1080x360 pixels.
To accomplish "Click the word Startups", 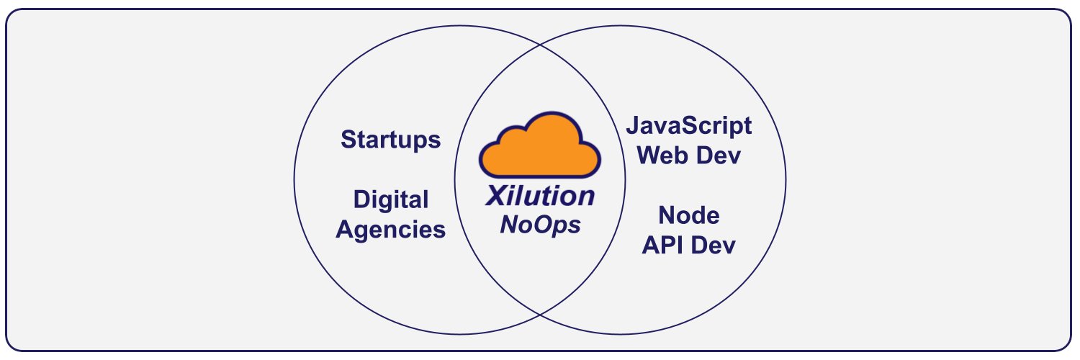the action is pos(390,140).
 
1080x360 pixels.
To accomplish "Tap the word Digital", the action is pos(390,200).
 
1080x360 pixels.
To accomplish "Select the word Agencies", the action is pos(390,230).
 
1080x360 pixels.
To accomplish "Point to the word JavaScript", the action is pos(689,126).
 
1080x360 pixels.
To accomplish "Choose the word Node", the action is pos(689,215).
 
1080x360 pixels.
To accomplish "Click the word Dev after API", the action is pos(713,246).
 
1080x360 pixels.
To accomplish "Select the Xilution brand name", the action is pos(540,196).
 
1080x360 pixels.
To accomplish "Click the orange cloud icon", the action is pos(539,145).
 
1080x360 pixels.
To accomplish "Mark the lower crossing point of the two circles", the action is pos(541,315).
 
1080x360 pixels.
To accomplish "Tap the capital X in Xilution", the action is pos(497,196).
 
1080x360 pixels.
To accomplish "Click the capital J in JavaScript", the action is pos(633,125).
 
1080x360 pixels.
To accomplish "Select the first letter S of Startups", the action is pos(348,139).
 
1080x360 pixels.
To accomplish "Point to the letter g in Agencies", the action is pos(365,233).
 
